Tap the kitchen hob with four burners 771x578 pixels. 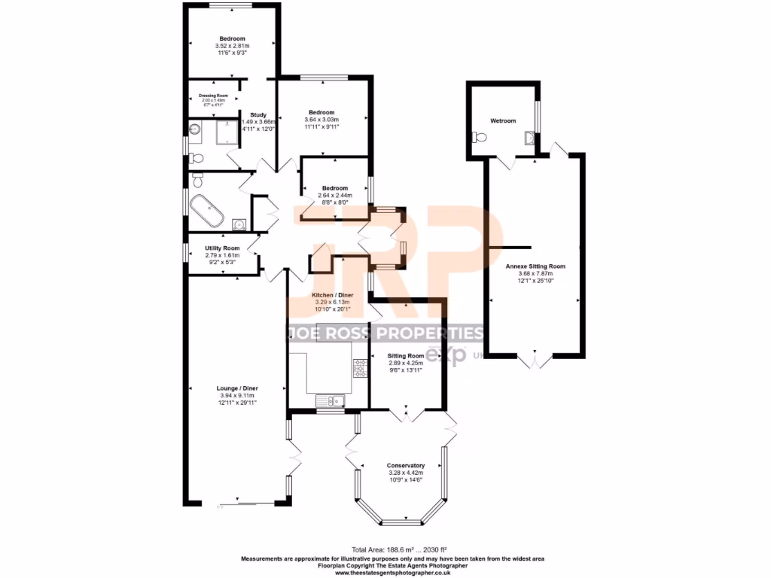[x=360, y=368]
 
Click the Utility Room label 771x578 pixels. [x=222, y=248]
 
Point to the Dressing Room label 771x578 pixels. [x=213, y=96]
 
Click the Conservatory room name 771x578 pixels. [x=406, y=465]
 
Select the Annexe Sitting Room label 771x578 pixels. [x=536, y=266]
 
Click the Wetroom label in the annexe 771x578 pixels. [x=503, y=120]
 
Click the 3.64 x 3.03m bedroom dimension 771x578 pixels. [x=322, y=120]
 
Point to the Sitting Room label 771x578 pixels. [x=406, y=356]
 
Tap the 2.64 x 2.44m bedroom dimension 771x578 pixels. [x=335, y=196]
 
